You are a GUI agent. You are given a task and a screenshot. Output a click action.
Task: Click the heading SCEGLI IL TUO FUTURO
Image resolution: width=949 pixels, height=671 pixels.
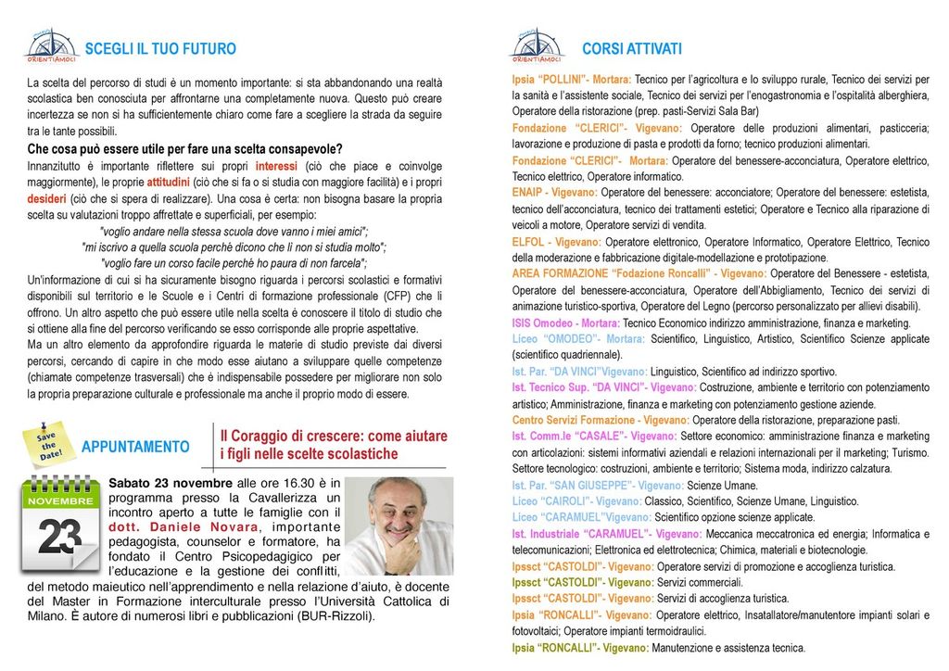[160, 49]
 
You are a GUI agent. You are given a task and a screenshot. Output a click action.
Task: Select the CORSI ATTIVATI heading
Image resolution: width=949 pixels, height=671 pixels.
[631, 49]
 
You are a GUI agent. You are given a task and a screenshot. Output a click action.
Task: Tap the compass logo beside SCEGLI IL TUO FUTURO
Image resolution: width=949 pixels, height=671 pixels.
[52, 45]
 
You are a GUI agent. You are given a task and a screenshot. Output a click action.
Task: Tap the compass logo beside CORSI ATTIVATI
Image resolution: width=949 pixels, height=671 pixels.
[537, 45]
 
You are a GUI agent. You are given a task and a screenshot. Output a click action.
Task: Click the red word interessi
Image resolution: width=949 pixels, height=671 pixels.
[276, 166]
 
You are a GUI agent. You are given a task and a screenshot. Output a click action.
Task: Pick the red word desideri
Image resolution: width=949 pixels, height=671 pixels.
[46, 199]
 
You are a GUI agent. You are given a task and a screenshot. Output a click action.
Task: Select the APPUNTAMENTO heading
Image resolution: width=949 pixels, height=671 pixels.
[135, 447]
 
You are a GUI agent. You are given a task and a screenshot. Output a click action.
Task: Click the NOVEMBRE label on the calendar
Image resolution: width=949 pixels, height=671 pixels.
[59, 500]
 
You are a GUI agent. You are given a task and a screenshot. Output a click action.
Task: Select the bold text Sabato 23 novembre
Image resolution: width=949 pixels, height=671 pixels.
[171, 483]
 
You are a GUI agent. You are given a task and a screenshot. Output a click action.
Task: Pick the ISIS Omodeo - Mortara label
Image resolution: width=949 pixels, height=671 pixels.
[565, 323]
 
